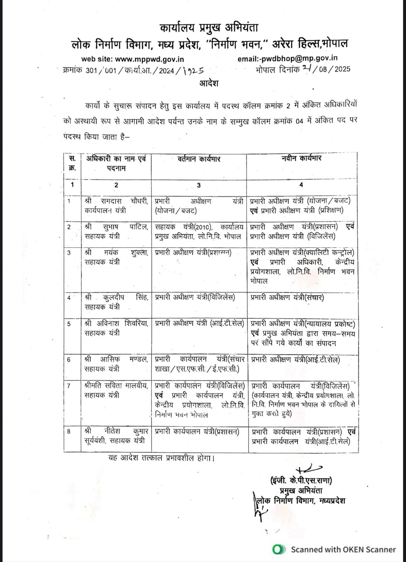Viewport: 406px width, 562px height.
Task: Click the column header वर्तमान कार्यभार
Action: [x=198, y=159]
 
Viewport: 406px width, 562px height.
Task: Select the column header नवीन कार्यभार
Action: [x=302, y=159]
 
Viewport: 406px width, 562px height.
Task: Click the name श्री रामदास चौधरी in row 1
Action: [x=116, y=201]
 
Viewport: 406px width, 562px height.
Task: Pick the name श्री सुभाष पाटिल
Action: [x=116, y=227]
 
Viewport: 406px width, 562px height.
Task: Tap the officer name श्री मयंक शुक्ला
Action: [x=116, y=253]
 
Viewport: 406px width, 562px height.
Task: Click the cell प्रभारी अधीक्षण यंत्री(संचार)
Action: [x=287, y=298]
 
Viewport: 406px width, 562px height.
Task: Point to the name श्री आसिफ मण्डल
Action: [x=116, y=360]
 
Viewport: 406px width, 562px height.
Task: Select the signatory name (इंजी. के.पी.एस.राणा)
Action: [x=301, y=480]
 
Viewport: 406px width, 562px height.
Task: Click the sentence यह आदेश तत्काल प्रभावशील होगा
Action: [x=161, y=458]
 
